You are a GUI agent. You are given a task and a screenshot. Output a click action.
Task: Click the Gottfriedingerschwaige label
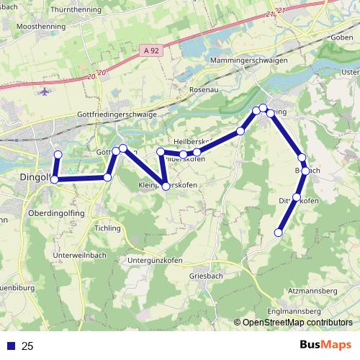(x=116, y=114)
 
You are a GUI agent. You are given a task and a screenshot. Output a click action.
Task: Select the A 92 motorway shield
(x=148, y=50)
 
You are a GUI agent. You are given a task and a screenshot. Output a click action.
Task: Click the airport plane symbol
(x=45, y=92)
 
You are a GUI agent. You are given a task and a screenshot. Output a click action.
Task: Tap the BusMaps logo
(x=325, y=346)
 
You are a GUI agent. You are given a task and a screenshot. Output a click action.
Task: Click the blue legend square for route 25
(x=10, y=346)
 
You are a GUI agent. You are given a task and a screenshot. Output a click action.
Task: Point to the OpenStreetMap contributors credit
(x=297, y=323)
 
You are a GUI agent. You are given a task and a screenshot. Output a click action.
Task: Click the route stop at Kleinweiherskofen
(x=166, y=186)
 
